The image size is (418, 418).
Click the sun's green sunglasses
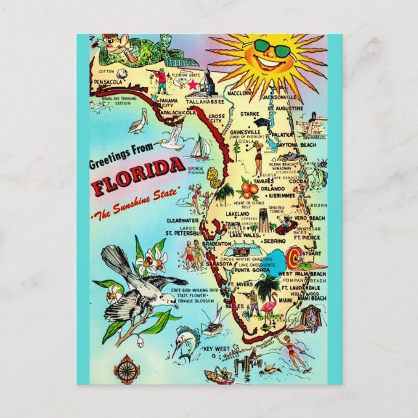271,48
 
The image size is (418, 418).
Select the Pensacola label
108,82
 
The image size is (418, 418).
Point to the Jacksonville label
280,97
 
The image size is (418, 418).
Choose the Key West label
217,349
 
